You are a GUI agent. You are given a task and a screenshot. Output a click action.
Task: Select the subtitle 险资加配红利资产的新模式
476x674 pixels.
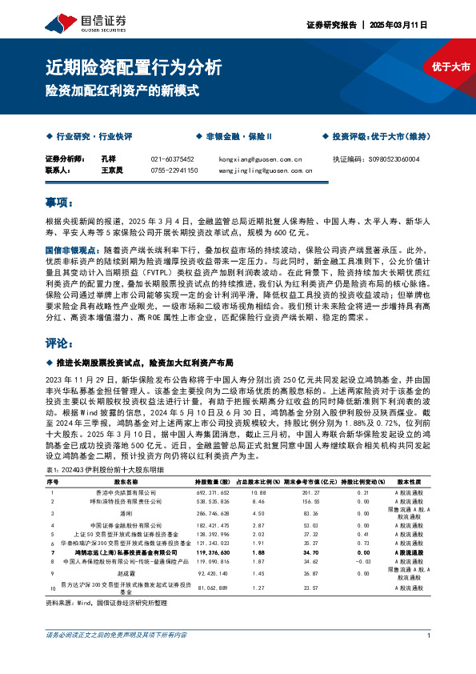tap(120, 90)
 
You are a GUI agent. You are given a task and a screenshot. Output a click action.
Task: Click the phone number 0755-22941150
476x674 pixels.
tap(174, 170)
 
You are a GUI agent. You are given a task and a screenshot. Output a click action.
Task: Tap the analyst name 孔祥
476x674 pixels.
tap(109, 159)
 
